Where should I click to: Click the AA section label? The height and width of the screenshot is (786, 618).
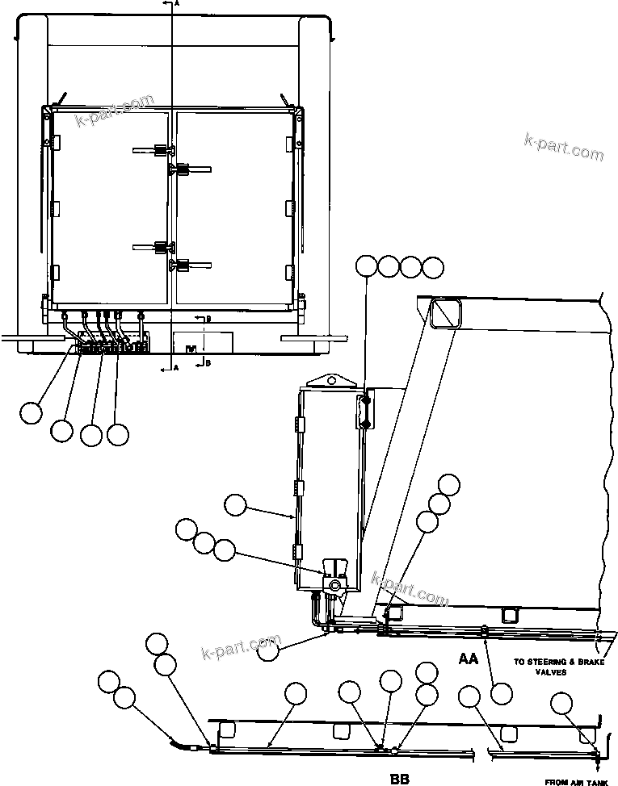click(468, 658)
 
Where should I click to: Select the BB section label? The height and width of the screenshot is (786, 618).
click(399, 779)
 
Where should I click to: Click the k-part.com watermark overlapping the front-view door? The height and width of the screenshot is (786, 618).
click(115, 111)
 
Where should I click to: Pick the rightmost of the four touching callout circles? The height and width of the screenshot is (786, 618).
click(434, 267)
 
